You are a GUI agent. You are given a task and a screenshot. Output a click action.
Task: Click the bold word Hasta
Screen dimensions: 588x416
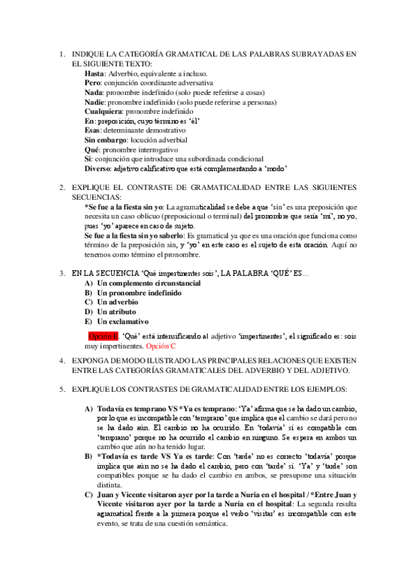(94, 73)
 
